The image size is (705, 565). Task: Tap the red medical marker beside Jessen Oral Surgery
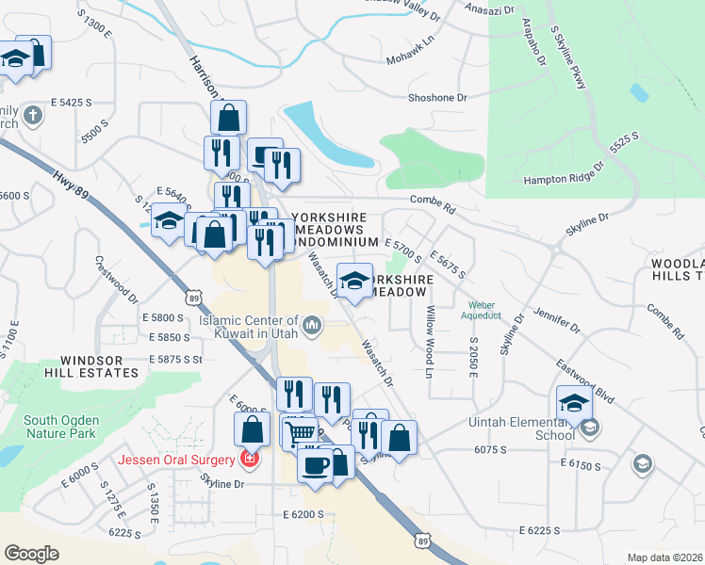[x=250, y=460]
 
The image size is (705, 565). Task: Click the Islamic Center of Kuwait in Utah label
[x=249, y=326]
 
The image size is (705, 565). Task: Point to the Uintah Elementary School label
[x=521, y=428]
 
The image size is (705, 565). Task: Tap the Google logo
[x=31, y=554]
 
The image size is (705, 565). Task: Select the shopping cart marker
[x=301, y=434]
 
